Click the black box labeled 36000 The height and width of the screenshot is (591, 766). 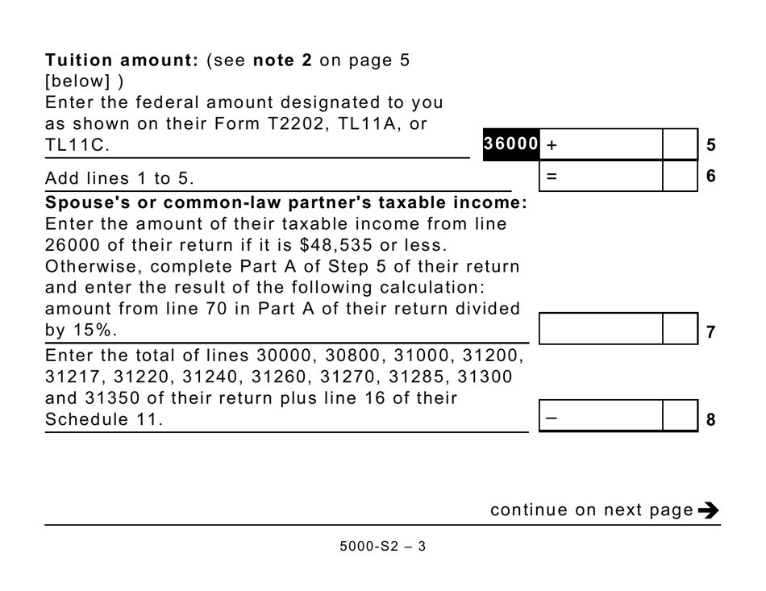click(x=510, y=144)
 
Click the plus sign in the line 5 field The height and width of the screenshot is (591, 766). click(x=552, y=146)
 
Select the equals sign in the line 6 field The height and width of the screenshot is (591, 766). click(x=552, y=175)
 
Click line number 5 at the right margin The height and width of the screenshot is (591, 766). click(x=710, y=146)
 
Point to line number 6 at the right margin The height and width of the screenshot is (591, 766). click(x=710, y=175)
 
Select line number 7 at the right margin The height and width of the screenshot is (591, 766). click(x=710, y=331)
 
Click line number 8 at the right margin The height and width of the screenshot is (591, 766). click(x=710, y=419)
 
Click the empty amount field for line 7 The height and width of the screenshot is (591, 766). click(x=600, y=329)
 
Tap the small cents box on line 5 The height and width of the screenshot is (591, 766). click(x=680, y=145)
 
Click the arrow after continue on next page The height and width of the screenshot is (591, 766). click(x=709, y=510)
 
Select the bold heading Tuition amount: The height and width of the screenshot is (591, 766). click(x=122, y=60)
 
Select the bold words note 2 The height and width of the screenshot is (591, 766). click(x=282, y=60)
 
